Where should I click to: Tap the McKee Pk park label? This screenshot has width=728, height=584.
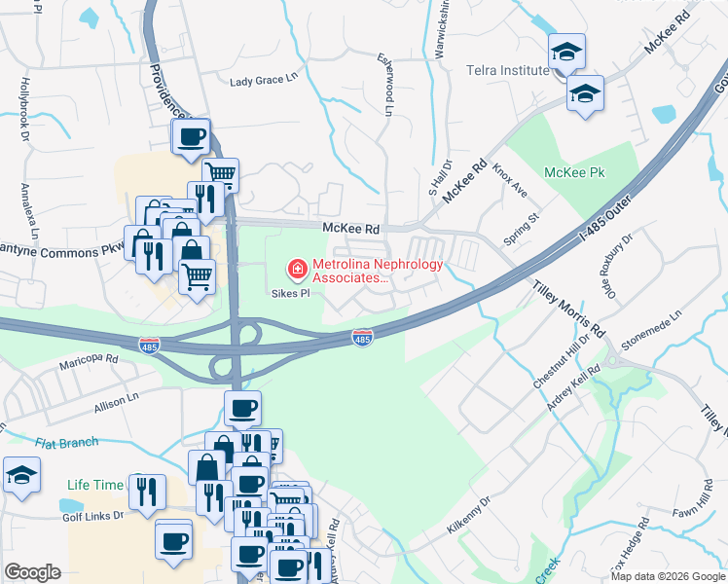[x=574, y=172]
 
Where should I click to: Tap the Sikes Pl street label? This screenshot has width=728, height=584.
[x=289, y=292]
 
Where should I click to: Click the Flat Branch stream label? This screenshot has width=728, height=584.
[x=66, y=443]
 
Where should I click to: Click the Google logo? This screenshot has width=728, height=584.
[x=32, y=572]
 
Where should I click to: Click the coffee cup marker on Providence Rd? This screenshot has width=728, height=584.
[x=191, y=136]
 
